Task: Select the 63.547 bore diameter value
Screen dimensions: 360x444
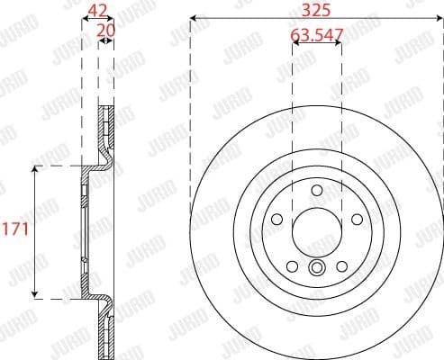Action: pos(317,37)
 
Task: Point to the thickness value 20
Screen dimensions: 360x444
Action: pos(106,29)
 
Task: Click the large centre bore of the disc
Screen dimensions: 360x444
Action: pos(317,231)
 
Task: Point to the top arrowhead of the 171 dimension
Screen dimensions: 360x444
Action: pos(35,170)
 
